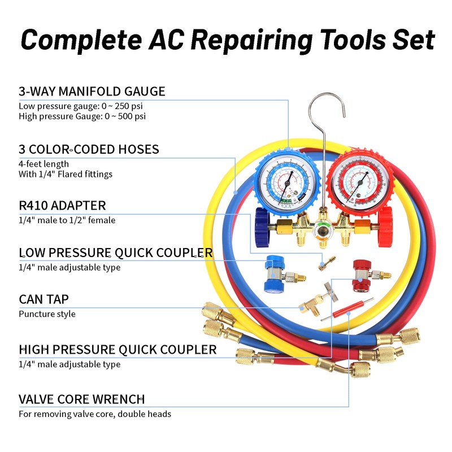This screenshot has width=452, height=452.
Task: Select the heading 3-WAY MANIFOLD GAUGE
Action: [x=92, y=91]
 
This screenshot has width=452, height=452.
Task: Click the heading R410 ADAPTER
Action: [x=62, y=205]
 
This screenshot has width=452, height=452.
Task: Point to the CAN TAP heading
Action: [x=44, y=299]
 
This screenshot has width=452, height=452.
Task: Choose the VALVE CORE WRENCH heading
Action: [x=82, y=399]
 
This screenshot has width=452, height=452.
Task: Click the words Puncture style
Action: [x=47, y=314]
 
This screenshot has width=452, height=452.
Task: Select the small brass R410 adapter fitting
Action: [x=325, y=261]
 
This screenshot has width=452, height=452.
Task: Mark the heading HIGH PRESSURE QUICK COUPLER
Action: [x=118, y=350]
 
